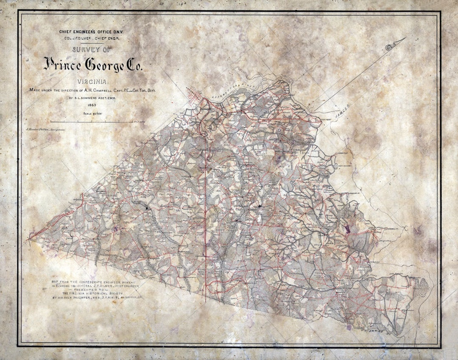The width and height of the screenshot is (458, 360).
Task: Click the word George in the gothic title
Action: [x=104, y=65]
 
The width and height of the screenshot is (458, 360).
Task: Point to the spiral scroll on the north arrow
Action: [x=390, y=47]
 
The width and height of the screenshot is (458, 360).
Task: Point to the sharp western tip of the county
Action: [x=29, y=240]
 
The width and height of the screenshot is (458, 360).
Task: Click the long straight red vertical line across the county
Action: [x=206, y=212]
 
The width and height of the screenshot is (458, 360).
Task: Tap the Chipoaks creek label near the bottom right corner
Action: [x=373, y=329]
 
